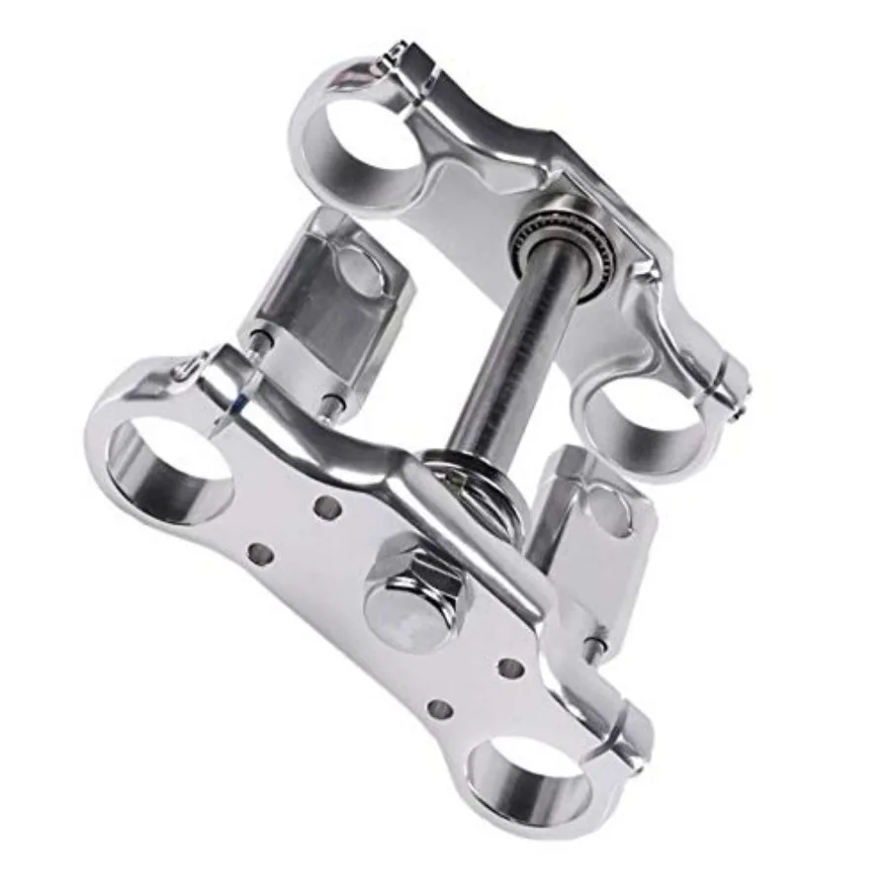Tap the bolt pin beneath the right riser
coord(594,648)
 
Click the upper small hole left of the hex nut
coord(325,507)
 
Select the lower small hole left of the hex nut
coord(260,553)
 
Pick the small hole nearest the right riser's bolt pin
coord(510,668)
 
